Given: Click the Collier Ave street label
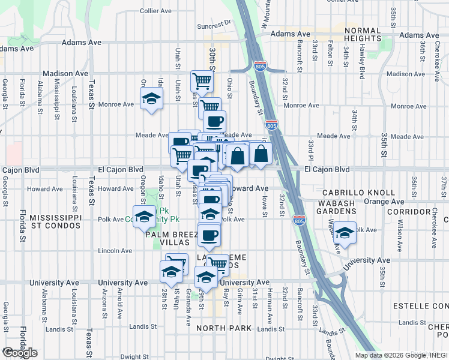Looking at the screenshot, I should point(157,11).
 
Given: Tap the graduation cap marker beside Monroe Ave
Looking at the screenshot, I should point(152,98).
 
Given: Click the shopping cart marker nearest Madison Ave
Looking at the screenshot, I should point(202,80).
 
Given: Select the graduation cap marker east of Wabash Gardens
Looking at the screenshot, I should point(345,233).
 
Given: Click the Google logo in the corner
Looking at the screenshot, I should point(20,353).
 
